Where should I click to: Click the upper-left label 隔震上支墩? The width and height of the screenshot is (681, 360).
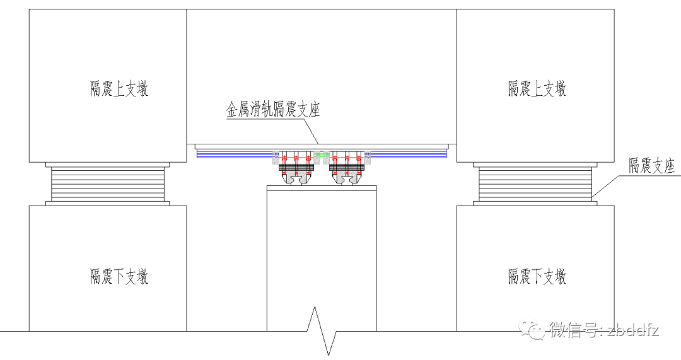[x=119, y=88]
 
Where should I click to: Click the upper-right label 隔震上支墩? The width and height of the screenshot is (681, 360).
[x=537, y=88]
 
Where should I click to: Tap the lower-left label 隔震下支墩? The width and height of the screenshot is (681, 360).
[x=119, y=276]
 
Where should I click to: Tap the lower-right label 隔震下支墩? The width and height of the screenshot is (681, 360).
[x=537, y=276]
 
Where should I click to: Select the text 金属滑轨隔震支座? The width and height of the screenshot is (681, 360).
[x=273, y=110]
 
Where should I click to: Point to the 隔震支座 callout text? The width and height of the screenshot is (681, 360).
[x=651, y=166]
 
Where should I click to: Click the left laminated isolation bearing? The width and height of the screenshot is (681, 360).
[x=108, y=184]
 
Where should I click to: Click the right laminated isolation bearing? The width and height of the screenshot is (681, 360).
[x=535, y=184]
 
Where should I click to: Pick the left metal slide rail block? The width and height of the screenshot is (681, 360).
[x=296, y=170]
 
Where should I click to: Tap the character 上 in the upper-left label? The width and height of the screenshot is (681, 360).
[x=117, y=88]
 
